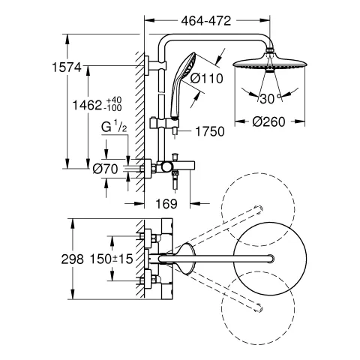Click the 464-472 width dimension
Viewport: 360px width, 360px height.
pos(206,21)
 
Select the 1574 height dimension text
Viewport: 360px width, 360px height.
pos(67,67)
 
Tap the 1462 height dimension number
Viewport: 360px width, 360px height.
pos(87,105)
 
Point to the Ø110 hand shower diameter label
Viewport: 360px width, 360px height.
pos(206,79)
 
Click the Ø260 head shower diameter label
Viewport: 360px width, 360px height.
pos(268,121)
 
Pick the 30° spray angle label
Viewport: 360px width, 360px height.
pos(270,98)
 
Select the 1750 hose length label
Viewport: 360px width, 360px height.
pos(210,131)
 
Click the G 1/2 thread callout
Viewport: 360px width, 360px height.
pos(114,127)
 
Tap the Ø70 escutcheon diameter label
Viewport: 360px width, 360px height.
pos(105,169)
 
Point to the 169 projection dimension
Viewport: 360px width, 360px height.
pos(166,204)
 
